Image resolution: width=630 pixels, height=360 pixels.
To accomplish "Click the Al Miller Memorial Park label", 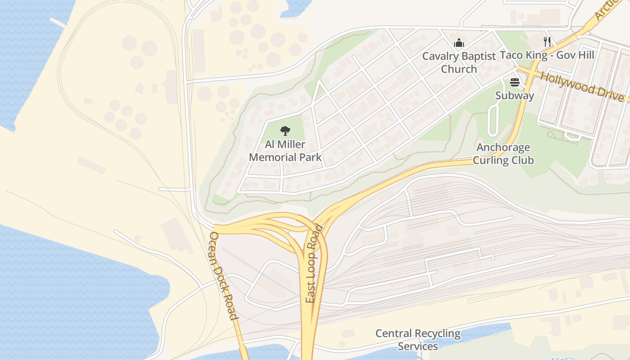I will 285,151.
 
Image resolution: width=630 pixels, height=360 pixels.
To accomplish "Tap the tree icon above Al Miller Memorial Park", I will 285,131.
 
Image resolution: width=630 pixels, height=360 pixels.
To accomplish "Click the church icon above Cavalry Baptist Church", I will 459,43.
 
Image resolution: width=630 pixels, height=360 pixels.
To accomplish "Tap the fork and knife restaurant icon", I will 547,42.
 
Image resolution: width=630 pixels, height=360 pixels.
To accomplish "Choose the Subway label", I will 515,95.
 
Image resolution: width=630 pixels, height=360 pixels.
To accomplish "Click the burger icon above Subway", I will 515,82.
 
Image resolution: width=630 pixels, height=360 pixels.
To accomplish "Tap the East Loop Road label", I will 314,264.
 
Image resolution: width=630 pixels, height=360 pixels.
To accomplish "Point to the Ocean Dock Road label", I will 224,276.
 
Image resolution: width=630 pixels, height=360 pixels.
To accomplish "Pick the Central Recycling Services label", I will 418,340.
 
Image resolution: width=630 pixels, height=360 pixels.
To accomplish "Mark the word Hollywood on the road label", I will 568,81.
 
